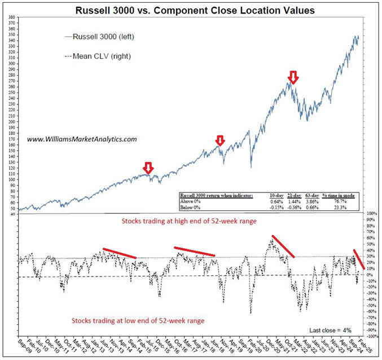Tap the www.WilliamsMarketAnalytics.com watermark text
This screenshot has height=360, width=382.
82,138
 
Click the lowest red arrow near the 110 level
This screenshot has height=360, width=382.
148,168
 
